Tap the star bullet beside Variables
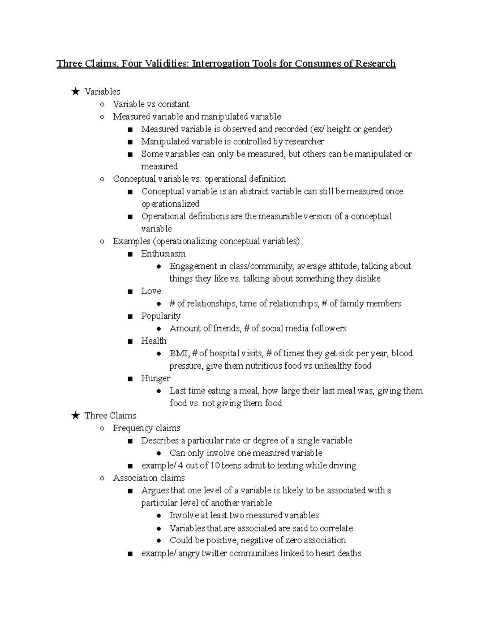point(75,92)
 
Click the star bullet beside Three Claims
point(75,416)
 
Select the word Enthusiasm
point(163,254)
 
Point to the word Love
point(151,291)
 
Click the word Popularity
point(161,316)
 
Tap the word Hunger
point(156,378)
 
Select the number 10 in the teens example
point(214,466)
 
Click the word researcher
point(304,142)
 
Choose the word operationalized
point(170,204)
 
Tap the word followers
point(328,329)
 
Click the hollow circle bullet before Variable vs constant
point(103,104)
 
